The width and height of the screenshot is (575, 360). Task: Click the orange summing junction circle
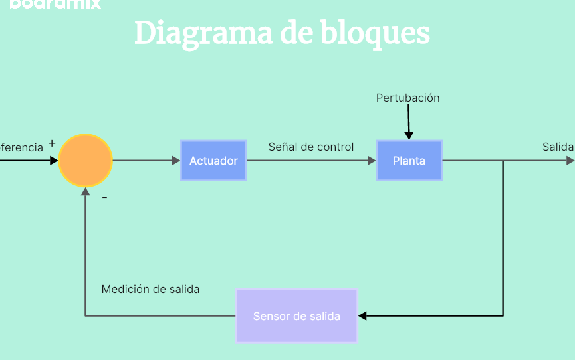tap(86, 161)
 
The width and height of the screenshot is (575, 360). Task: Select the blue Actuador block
tap(213, 161)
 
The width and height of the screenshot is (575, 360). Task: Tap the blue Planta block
tap(409, 161)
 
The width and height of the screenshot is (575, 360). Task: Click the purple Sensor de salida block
tap(296, 316)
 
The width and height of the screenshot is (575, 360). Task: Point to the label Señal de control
tap(311, 147)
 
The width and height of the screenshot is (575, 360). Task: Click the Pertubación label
tap(408, 98)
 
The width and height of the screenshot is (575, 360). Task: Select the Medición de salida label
tap(150, 289)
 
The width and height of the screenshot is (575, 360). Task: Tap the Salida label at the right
tap(558, 147)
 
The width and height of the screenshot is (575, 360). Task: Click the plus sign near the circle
tap(52, 143)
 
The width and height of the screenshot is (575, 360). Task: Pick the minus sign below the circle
tap(104, 197)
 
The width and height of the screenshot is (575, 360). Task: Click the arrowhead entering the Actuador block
tap(176, 161)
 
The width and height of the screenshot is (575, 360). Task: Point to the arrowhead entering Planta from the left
tap(372, 161)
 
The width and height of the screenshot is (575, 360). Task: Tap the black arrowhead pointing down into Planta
tap(409, 135)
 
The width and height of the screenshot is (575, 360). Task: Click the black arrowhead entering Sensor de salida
tap(363, 316)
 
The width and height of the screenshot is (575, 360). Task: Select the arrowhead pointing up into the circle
tap(85, 192)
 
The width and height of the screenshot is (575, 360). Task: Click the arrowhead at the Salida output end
tap(570, 161)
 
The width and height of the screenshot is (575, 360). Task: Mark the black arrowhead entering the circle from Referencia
tap(54, 161)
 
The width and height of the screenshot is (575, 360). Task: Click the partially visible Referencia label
tap(21, 147)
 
